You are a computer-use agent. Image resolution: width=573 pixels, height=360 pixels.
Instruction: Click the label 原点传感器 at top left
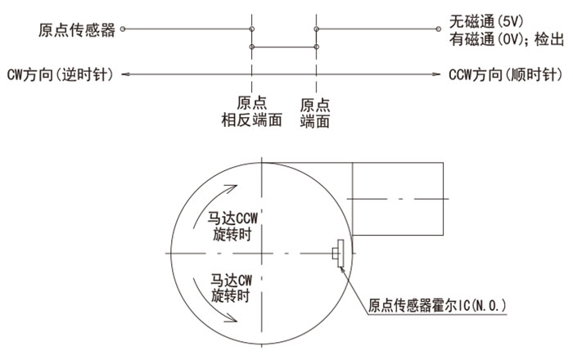(77, 30)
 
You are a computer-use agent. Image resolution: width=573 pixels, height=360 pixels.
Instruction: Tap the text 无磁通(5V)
(486, 22)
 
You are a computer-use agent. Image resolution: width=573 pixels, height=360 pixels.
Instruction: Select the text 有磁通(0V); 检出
(507, 39)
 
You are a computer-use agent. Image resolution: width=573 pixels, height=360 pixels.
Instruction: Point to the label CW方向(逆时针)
(61, 74)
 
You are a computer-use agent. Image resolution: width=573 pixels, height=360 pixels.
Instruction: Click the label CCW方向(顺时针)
(506, 74)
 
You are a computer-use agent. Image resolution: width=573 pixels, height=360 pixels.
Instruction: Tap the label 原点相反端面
(252, 111)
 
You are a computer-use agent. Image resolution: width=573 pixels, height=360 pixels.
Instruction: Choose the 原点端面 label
(315, 113)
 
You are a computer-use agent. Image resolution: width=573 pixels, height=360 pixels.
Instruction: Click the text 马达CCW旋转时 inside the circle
(232, 226)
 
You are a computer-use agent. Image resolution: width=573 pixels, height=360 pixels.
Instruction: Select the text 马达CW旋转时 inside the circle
(231, 288)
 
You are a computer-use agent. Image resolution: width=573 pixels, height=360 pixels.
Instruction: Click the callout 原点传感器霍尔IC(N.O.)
(437, 305)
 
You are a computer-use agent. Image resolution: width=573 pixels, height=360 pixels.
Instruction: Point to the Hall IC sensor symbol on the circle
(338, 254)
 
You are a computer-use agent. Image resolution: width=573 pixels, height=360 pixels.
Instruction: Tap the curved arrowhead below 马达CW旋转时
(231, 318)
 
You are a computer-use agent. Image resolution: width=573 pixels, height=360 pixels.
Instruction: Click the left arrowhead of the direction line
(125, 74)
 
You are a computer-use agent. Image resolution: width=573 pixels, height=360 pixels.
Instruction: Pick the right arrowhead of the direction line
(436, 74)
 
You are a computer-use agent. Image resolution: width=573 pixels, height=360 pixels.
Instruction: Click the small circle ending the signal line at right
(439, 29)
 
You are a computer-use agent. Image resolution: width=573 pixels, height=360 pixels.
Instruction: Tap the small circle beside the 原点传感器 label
(123, 29)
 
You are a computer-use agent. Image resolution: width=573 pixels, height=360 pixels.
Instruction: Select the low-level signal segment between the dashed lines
(284, 47)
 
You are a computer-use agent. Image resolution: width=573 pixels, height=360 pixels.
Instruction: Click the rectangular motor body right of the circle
(398, 199)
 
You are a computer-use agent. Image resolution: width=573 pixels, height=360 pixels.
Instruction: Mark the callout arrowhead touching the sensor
(342, 269)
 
